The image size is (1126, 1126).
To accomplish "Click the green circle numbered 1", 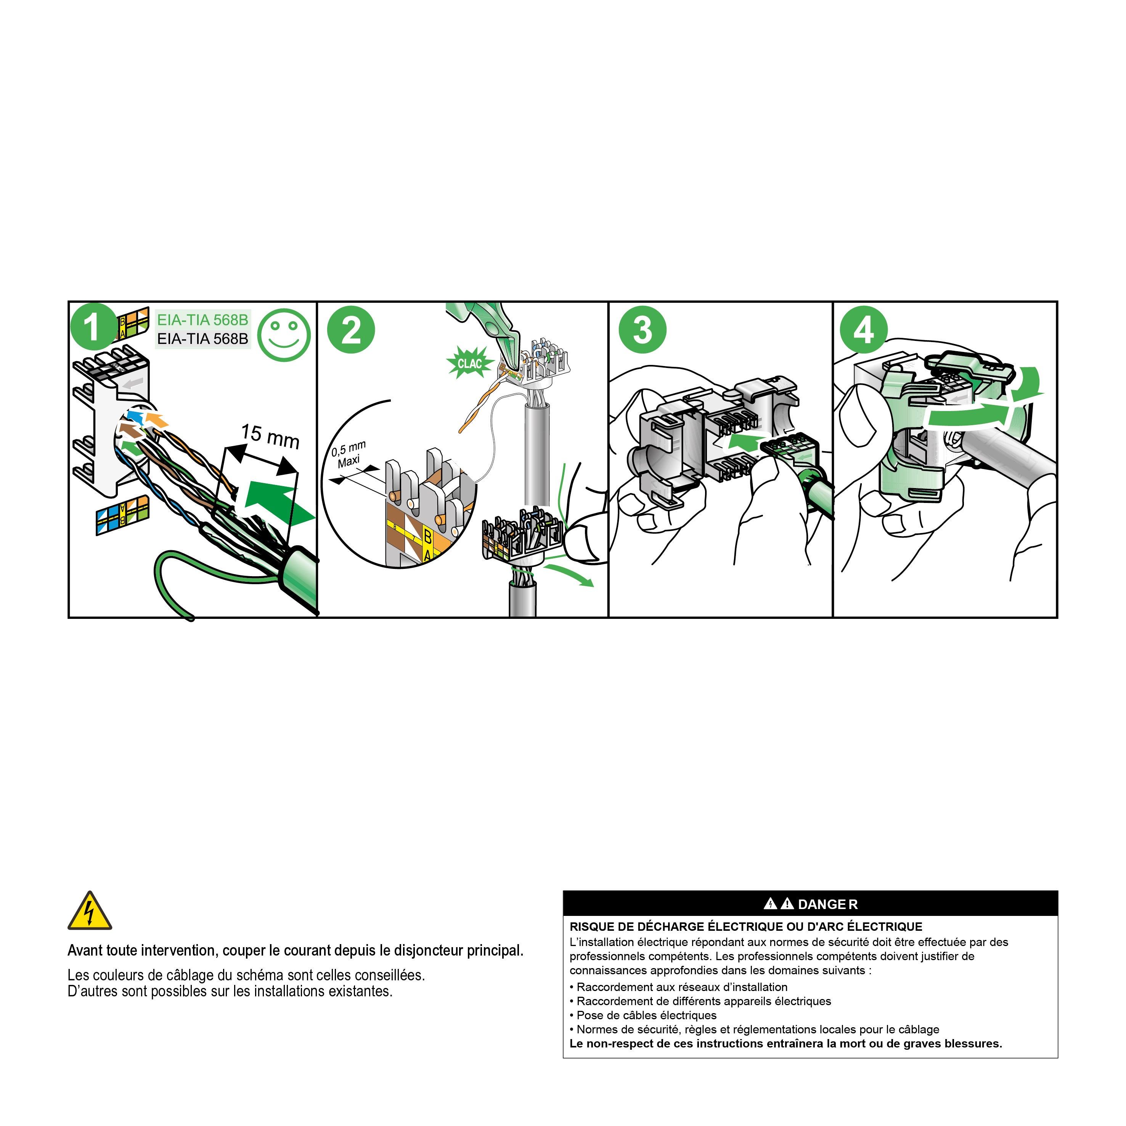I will tap(92, 327).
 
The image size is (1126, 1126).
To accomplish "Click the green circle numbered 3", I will tap(642, 330).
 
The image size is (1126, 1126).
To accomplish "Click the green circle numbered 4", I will tap(863, 330).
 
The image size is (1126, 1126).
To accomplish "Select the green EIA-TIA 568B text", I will tap(202, 320).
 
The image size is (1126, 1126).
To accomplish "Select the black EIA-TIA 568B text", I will tap(202, 339).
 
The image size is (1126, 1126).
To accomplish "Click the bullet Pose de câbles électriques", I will tap(646, 1015).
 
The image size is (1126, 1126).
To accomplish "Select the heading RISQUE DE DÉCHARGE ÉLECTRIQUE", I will tap(745, 927).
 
